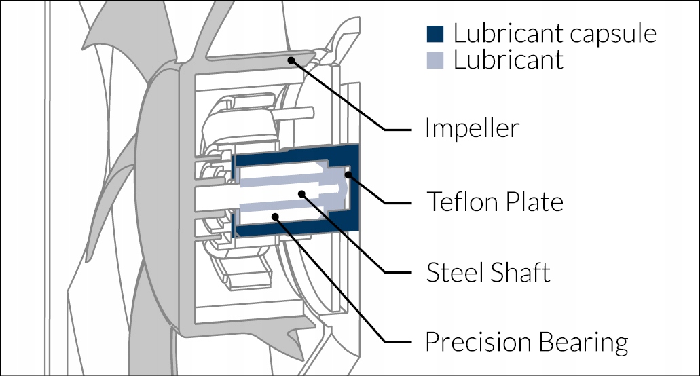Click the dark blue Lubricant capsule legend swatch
[x=435, y=34]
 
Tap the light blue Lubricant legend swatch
[x=435, y=60]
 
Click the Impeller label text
[x=473, y=128]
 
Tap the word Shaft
[x=519, y=272]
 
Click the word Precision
[x=478, y=342]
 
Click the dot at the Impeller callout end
[x=291, y=60]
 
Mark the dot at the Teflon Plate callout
[x=348, y=174]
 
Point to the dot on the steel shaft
[x=301, y=194]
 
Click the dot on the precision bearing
[x=276, y=217]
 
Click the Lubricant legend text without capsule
[x=509, y=60]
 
